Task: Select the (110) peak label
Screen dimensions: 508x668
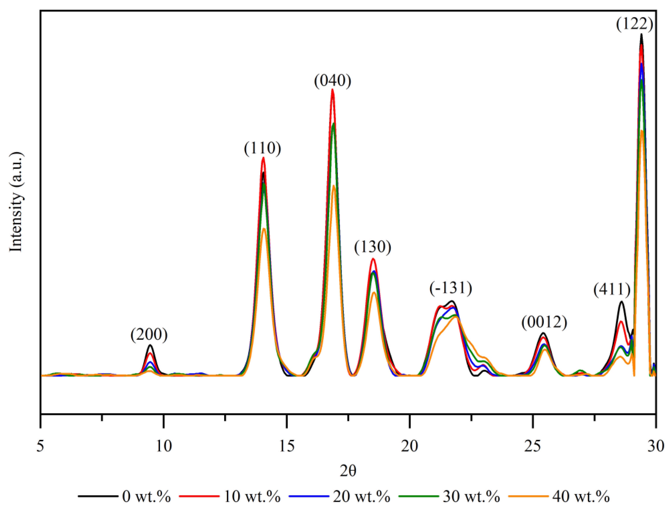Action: tap(262, 148)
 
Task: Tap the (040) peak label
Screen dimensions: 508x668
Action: tap(332, 81)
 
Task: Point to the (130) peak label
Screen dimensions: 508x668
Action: tap(373, 247)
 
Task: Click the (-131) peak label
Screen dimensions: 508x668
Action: tap(451, 288)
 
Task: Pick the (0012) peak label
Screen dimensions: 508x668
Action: tap(544, 322)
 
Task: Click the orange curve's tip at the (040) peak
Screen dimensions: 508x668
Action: tap(334, 186)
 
